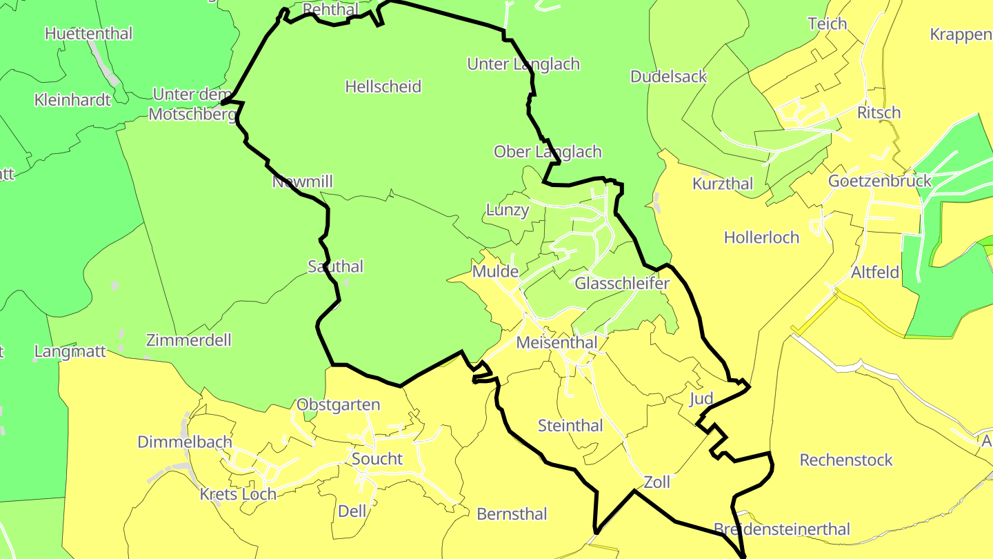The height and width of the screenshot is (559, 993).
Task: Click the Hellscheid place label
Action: click(x=383, y=87)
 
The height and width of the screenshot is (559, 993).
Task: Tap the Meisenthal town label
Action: click(x=556, y=342)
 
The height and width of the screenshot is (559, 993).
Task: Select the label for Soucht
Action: click(x=377, y=459)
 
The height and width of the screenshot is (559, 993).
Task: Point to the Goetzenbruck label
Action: click(x=880, y=182)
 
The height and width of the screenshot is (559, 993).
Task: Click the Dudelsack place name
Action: click(x=668, y=77)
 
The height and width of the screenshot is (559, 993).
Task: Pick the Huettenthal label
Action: click(x=88, y=33)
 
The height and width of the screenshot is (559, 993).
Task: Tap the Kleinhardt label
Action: click(x=72, y=100)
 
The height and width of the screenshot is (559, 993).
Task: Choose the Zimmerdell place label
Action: click(x=188, y=340)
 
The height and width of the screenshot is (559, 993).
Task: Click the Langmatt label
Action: click(x=70, y=351)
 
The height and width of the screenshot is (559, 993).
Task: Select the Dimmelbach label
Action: click(x=185, y=442)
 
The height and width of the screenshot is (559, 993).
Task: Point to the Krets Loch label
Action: click(x=238, y=495)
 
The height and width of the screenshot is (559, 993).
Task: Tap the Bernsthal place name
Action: click(x=512, y=514)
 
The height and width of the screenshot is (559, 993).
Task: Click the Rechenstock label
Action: click(x=846, y=460)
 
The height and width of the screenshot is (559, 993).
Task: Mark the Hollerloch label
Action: click(x=761, y=238)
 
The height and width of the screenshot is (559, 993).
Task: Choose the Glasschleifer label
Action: click(x=622, y=284)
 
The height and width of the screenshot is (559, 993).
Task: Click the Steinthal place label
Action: click(x=570, y=426)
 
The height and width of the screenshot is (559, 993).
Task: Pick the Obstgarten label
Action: click(x=338, y=405)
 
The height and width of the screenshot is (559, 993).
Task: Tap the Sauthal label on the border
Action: click(x=335, y=266)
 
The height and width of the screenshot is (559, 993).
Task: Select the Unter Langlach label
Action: click(x=523, y=64)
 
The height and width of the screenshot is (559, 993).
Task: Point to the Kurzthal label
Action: click(x=723, y=184)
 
